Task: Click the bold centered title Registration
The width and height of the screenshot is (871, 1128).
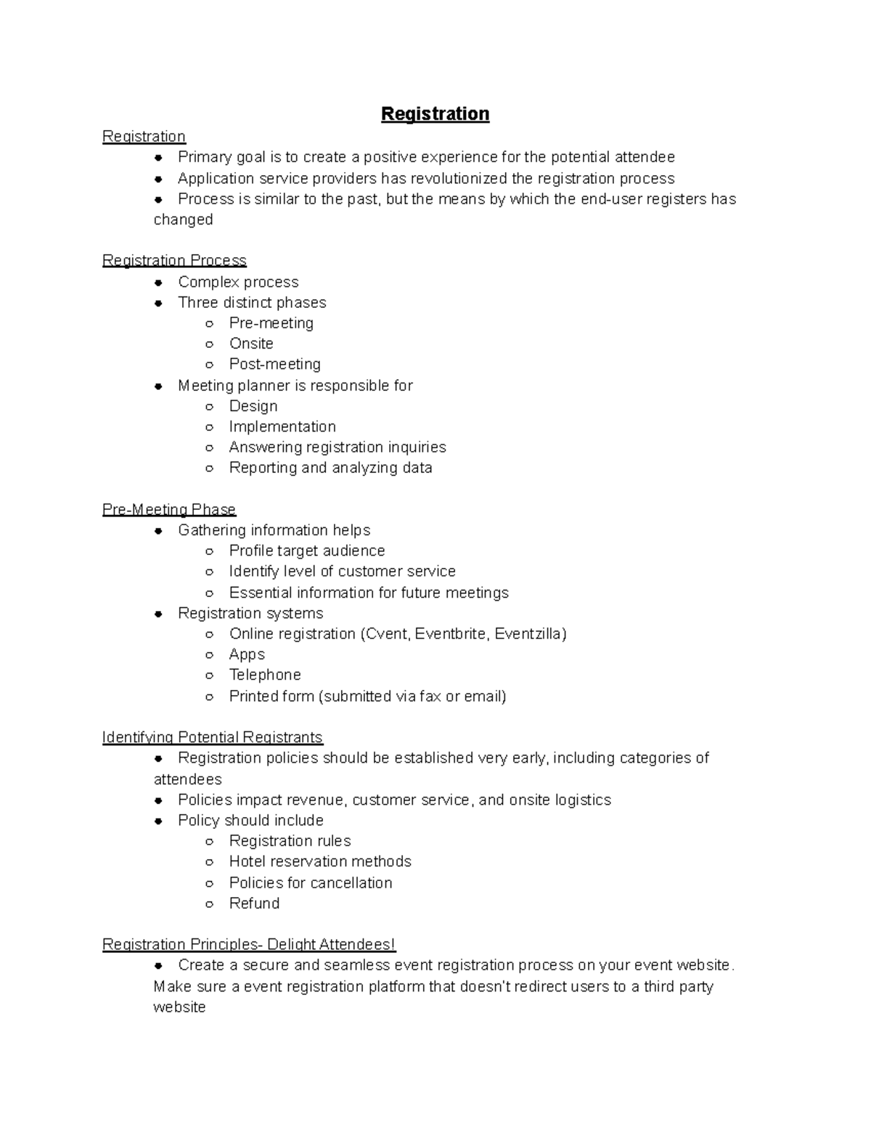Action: (435, 114)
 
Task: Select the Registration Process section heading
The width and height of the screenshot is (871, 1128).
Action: (174, 260)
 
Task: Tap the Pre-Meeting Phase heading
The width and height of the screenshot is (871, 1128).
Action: (169, 509)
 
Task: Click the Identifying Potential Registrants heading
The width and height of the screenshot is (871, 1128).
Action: (212, 737)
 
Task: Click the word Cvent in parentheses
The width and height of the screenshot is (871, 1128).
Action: (387, 633)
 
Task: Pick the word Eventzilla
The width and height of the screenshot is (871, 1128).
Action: (529, 633)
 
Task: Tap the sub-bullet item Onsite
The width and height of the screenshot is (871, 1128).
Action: (251, 344)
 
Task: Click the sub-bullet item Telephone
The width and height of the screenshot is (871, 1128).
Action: (265, 675)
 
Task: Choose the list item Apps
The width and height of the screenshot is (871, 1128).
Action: (247, 654)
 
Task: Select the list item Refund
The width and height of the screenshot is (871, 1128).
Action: (254, 903)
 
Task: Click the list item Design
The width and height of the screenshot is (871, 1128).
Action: (253, 406)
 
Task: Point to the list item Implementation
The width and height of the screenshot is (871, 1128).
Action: (282, 426)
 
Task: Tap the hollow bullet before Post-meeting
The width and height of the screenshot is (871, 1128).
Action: (209, 365)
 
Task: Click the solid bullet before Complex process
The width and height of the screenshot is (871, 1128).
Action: (158, 282)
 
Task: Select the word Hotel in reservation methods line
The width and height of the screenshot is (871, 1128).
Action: (248, 861)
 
